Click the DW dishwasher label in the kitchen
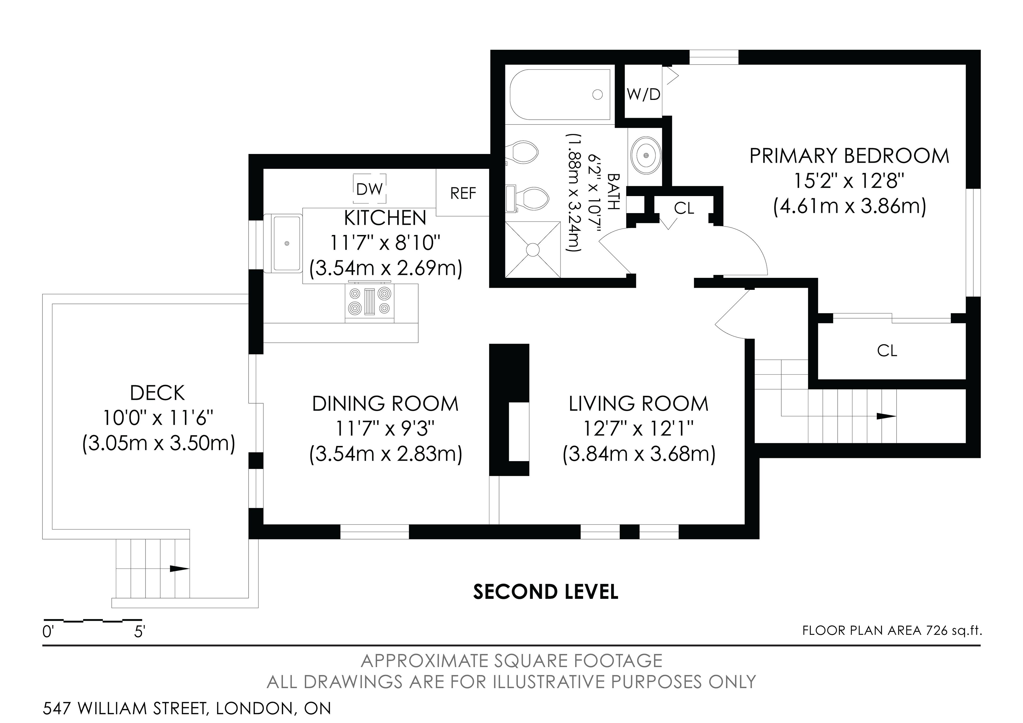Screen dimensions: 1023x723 369,189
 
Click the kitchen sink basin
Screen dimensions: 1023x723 286,243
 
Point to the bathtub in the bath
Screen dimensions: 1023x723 560,95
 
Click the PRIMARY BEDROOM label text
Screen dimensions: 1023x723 849,156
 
